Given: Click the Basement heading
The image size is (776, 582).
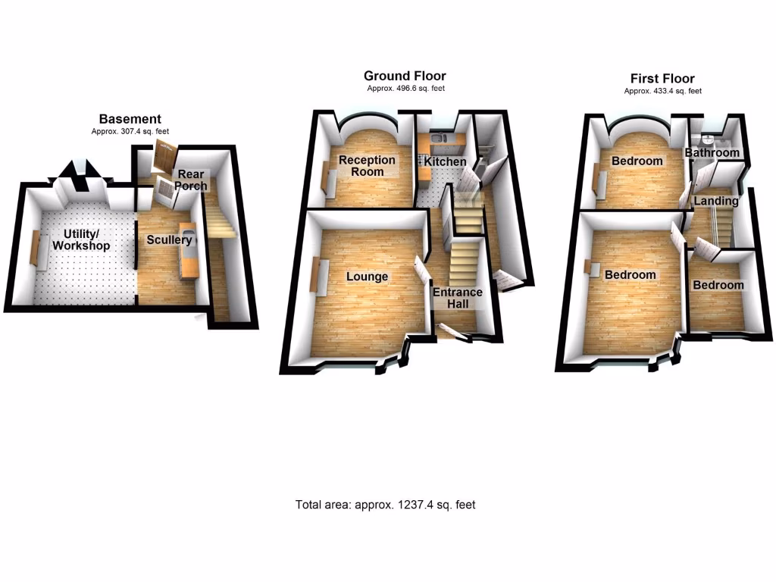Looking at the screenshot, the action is tap(130, 119).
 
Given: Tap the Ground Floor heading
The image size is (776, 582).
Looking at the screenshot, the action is tap(405, 76).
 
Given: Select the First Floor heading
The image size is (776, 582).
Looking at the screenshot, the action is tap(662, 79).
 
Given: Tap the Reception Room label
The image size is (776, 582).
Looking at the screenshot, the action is tap(367, 165).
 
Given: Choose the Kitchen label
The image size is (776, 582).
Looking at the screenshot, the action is tap(445, 162).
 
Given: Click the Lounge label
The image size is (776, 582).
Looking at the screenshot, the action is tap(367, 277).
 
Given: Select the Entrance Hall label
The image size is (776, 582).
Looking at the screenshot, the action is tap(457, 298).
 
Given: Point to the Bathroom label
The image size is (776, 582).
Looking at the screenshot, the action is tap(712, 153).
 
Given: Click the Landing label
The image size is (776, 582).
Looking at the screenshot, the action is tap(715, 201).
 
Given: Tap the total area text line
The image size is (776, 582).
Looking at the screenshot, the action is tap(385, 505).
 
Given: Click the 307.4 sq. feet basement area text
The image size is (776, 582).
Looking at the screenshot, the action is tap(130, 131).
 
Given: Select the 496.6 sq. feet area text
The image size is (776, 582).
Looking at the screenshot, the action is tap(405, 89).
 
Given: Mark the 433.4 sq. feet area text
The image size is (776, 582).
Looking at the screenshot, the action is tap(662, 91).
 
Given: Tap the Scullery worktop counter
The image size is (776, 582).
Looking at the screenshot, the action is tap(189, 251).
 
